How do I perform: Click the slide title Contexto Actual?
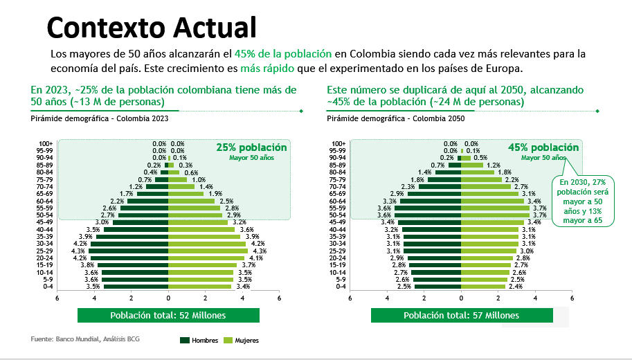tap(151, 27)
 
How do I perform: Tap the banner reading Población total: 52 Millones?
tap(168, 315)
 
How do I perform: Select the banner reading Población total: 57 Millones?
tap(461, 315)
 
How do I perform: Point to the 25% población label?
tap(251, 147)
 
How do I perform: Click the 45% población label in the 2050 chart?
tap(543, 147)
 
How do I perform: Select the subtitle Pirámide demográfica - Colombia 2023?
tap(100, 118)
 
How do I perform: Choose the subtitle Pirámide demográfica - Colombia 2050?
tap(395, 118)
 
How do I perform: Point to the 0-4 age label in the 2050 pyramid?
tap(341, 286)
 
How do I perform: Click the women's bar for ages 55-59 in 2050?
tap(496, 208)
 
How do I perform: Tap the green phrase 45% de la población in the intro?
tap(283, 54)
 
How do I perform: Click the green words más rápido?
tap(267, 69)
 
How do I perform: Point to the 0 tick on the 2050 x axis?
tap(461, 298)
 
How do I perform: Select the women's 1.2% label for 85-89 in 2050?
tap(494, 165)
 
